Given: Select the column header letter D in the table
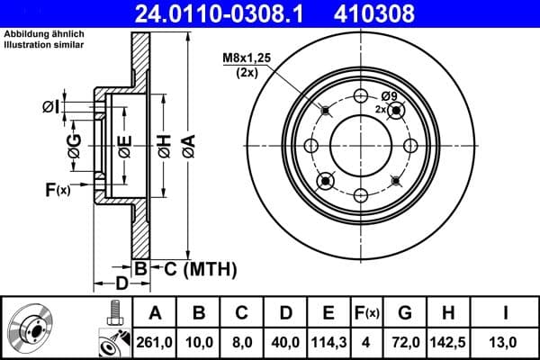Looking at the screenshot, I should click(284, 312).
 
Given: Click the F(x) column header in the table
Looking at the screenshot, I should click(366, 312).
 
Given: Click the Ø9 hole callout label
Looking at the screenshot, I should click(389, 96).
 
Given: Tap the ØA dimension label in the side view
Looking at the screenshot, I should click(187, 143).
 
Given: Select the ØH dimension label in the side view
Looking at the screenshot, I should click(164, 143).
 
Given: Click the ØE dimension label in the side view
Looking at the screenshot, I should click(125, 144).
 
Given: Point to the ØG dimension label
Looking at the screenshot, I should click(75, 144).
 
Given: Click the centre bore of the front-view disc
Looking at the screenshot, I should click(360, 146).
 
